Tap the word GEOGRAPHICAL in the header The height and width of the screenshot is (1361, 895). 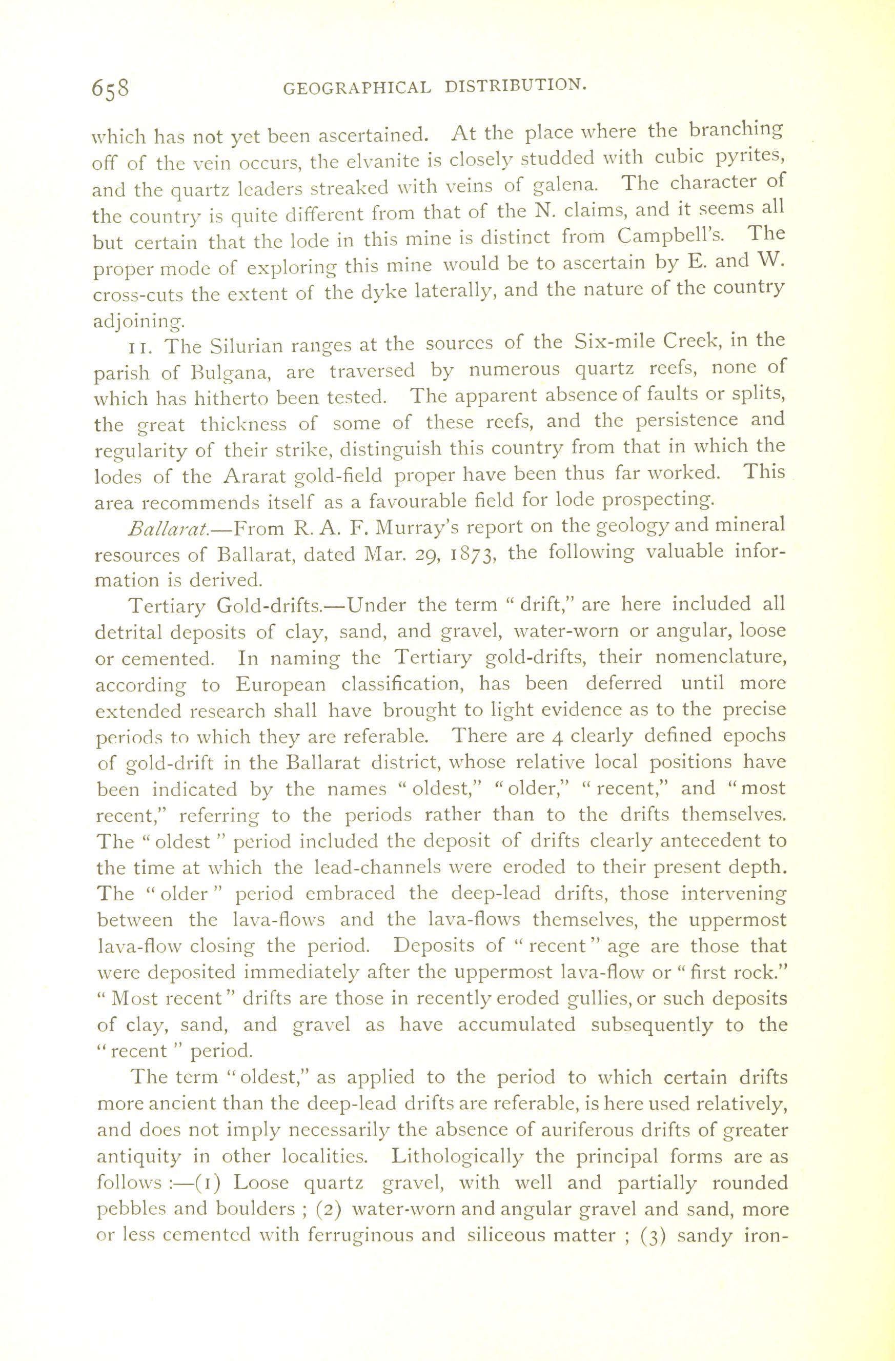click(x=357, y=88)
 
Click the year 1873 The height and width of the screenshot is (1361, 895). click(x=467, y=554)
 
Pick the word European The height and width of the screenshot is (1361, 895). click(x=280, y=684)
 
